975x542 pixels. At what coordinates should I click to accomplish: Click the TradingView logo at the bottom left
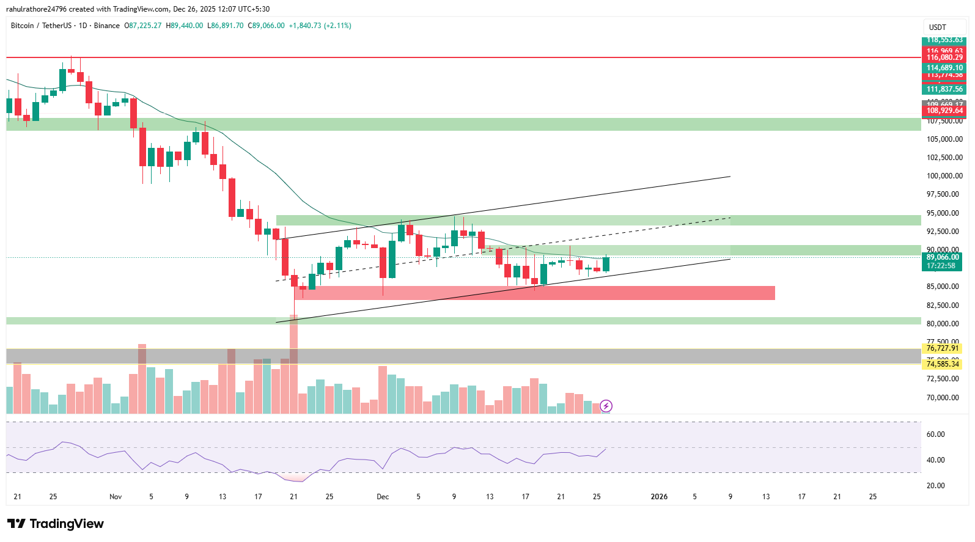pyautogui.click(x=55, y=524)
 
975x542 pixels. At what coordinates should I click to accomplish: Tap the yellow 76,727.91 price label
pyautogui.click(x=943, y=348)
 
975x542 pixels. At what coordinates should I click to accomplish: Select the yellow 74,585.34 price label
pyautogui.click(x=943, y=364)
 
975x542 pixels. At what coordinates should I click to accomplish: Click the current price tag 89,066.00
pyautogui.click(x=943, y=257)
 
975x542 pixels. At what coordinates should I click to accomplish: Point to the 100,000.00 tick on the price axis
pyautogui.click(x=944, y=176)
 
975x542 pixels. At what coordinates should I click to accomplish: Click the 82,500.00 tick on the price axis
pyautogui.click(x=944, y=306)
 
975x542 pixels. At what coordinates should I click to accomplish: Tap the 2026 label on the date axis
pyautogui.click(x=659, y=497)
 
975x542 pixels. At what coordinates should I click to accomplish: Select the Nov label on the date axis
pyautogui.click(x=116, y=497)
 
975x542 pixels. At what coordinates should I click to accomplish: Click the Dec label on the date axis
pyautogui.click(x=383, y=497)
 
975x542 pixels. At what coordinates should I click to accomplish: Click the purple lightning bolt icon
pyautogui.click(x=606, y=406)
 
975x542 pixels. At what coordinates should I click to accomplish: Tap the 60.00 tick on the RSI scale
pyautogui.click(x=936, y=434)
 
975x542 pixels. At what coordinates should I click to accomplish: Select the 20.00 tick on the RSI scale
pyautogui.click(x=936, y=486)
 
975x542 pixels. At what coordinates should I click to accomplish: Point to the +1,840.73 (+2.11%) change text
pyautogui.click(x=320, y=26)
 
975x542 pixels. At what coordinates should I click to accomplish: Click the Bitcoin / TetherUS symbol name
pyautogui.click(x=41, y=26)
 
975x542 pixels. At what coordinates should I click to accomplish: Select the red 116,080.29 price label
pyautogui.click(x=944, y=57)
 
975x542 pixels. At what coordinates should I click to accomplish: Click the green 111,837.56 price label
pyautogui.click(x=944, y=89)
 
